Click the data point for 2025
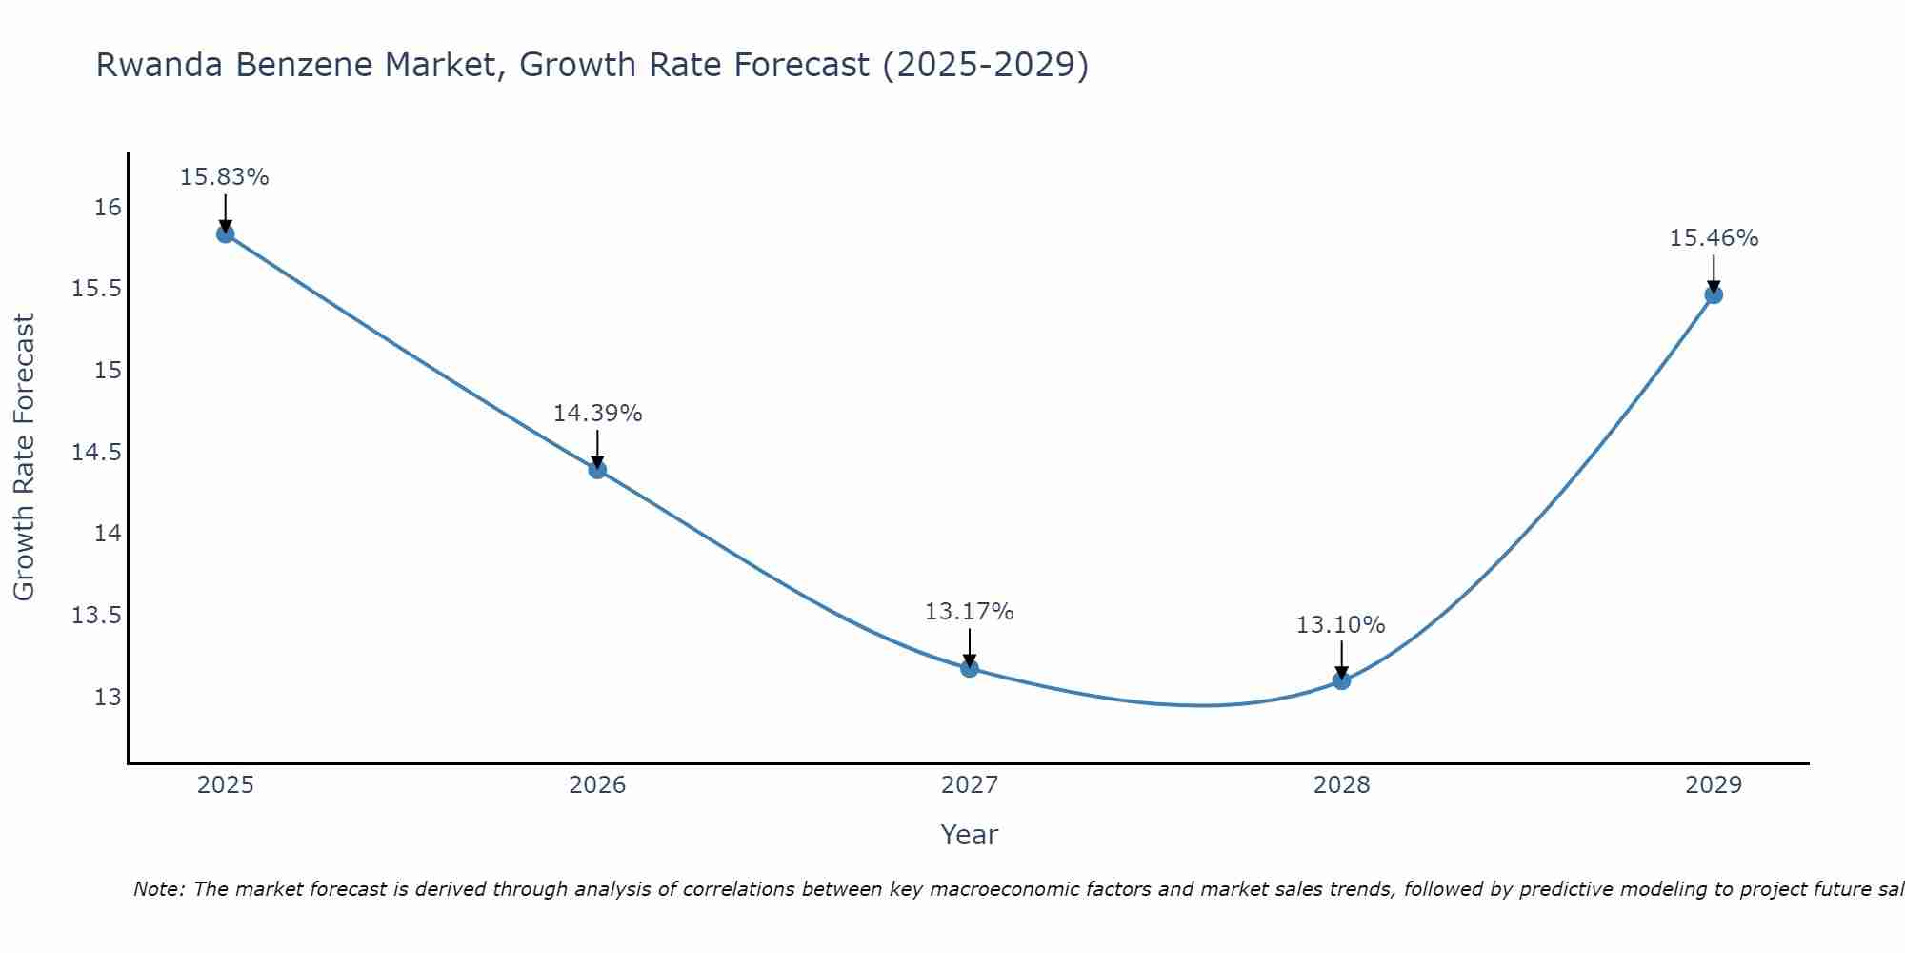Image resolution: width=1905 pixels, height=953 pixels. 226,234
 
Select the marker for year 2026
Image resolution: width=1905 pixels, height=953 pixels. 597,469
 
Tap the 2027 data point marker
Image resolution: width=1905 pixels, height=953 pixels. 970,668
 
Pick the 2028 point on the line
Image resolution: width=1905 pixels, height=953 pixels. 1341,679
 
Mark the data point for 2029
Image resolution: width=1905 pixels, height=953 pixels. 1714,294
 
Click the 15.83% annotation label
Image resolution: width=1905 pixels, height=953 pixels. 225,177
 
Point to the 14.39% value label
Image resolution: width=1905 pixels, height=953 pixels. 597,414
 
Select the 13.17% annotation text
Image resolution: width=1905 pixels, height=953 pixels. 969,612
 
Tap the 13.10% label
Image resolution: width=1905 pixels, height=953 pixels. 1340,625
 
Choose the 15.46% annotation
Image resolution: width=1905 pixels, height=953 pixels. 1714,238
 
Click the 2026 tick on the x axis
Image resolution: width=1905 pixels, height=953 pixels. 597,785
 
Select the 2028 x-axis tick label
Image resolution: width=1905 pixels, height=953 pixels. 1341,785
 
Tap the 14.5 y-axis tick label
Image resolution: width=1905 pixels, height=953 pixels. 97,452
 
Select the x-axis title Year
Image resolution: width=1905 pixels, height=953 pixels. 969,835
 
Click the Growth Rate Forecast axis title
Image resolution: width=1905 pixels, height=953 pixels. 24,457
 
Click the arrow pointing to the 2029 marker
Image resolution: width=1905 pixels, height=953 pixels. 1714,274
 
